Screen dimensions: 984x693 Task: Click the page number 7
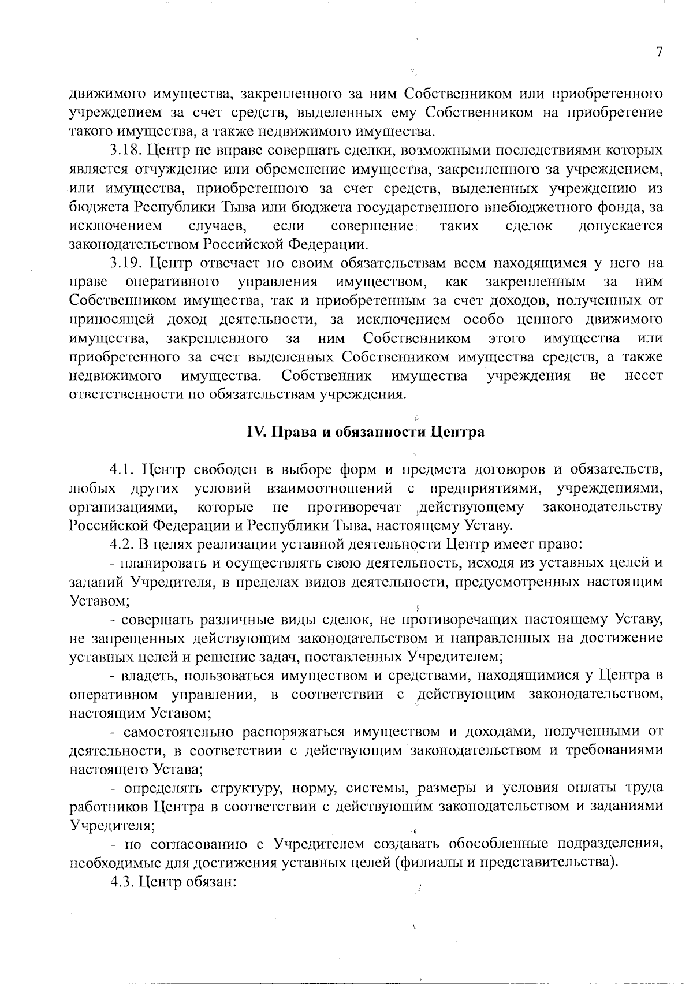[659, 52]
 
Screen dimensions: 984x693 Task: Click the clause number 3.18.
[125, 151]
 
